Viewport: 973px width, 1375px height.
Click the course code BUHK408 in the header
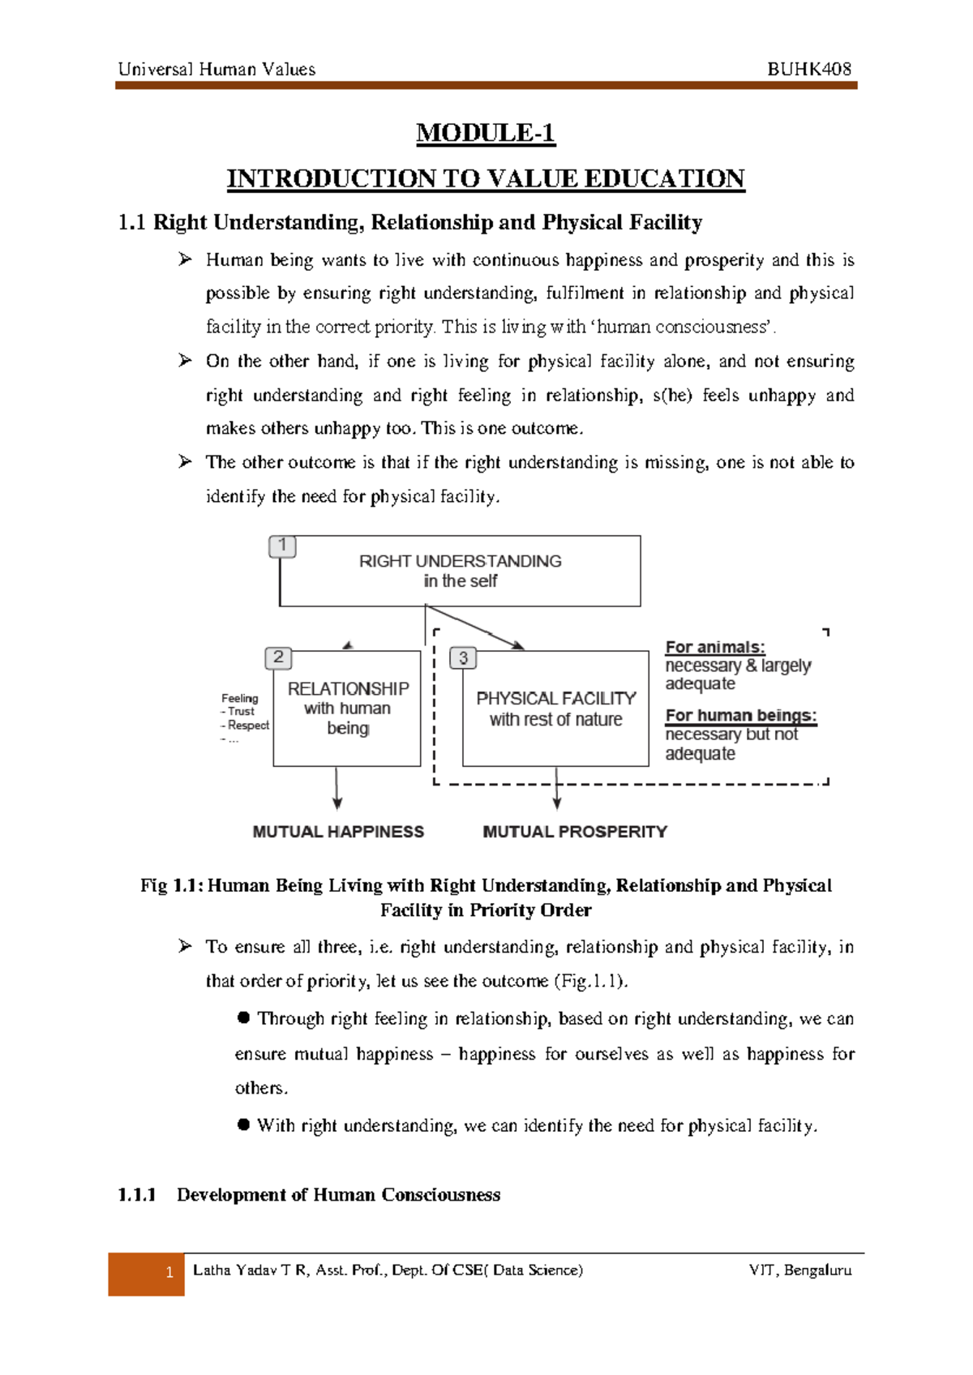pos(808,69)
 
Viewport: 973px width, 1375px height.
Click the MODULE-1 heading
pos(485,133)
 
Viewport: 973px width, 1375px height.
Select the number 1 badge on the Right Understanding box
pos(282,546)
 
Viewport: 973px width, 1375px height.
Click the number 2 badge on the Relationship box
pos(278,658)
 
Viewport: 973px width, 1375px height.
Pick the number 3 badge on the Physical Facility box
pos(463,658)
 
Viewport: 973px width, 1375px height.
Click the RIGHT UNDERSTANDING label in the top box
pos(460,561)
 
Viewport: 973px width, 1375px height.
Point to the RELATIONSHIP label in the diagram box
pos(348,688)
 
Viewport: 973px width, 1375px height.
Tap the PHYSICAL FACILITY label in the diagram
pos(555,698)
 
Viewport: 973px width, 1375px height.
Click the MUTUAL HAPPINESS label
pos(338,832)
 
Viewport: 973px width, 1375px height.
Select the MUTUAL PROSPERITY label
pos(575,832)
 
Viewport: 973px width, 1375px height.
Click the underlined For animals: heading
pos(714,647)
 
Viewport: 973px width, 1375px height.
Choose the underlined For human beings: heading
pos(740,716)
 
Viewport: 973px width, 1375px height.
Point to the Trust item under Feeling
pos(240,711)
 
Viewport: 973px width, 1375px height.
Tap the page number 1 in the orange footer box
pos(169,1273)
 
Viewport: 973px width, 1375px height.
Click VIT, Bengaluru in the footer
pos(799,1270)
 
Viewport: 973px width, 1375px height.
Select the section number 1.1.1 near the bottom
pos(136,1195)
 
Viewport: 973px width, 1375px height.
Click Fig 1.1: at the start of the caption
pos(171,885)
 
